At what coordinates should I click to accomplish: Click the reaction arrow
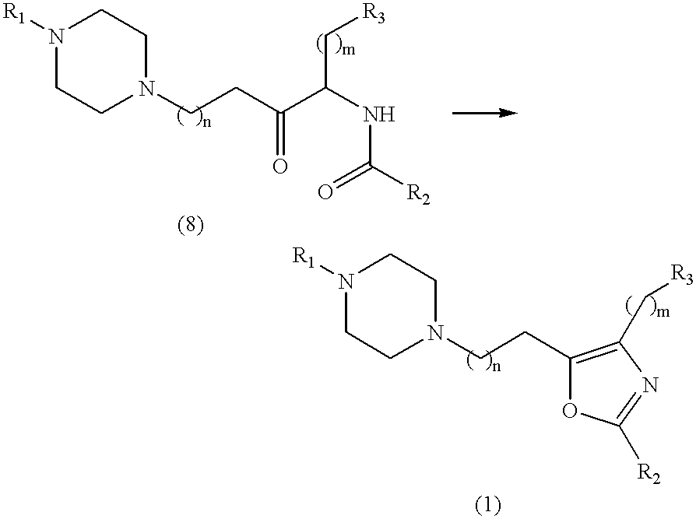(x=485, y=114)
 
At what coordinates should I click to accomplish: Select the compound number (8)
(x=190, y=227)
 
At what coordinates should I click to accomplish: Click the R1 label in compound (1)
(x=304, y=258)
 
